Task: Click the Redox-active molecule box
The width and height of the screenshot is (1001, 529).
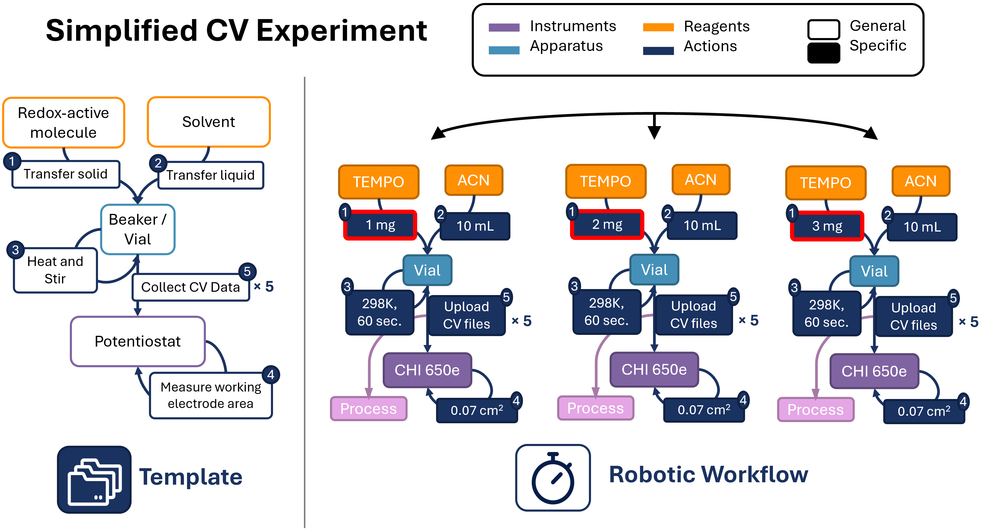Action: pos(63,122)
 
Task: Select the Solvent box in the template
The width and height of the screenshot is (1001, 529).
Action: pos(209,122)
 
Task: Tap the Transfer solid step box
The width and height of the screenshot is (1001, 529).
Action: pos(65,174)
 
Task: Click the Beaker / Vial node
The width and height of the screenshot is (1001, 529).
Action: pos(138,229)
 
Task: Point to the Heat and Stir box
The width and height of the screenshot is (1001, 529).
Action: pos(55,270)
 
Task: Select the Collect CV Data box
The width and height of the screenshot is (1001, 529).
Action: pos(190,287)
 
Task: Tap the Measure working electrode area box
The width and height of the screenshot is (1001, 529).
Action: pos(211,395)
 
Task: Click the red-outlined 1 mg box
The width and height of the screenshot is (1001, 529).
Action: pos(380,225)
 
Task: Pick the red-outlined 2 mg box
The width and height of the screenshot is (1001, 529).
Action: pos(607,224)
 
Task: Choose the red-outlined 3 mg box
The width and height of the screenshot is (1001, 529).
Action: pos(827,226)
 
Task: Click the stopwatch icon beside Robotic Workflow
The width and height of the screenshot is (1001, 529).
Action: pos(553,477)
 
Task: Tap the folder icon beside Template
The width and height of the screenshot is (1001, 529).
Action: pos(94,480)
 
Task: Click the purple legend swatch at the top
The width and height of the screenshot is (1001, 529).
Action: pos(504,27)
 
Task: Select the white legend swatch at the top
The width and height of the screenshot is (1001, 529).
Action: pos(823,30)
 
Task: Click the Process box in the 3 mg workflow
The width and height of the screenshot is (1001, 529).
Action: pos(815,409)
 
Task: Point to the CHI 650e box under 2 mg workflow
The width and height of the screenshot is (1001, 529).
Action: pos(654,369)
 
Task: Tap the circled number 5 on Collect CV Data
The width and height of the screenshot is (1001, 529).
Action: pos(247,271)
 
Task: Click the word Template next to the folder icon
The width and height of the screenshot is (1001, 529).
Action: pos(190,477)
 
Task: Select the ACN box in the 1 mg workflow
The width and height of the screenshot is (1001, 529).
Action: pos(473,180)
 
